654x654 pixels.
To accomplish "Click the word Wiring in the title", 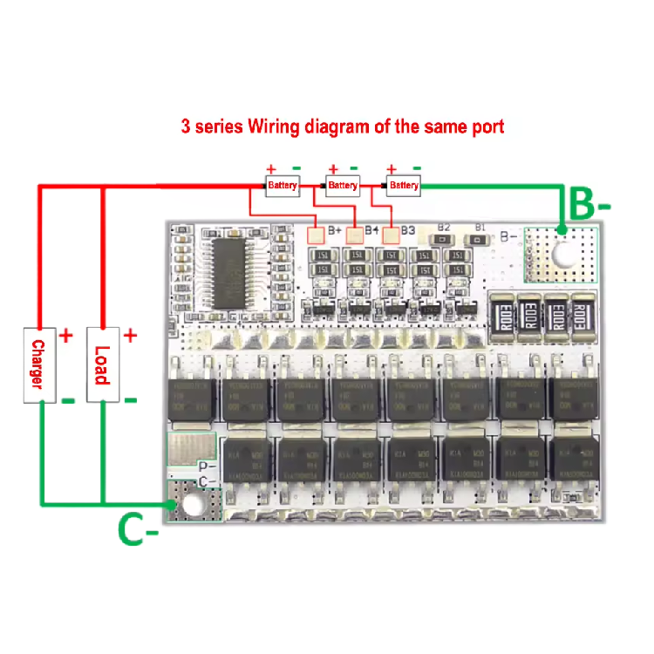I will [275, 126].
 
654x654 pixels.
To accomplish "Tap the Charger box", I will [37, 364].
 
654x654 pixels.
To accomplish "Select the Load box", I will [103, 364].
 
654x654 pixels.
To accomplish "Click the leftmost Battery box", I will [283, 185].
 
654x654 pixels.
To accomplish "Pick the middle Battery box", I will [343, 185].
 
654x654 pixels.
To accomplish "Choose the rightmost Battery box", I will [404, 185].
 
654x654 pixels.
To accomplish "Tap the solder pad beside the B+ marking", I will [317, 234].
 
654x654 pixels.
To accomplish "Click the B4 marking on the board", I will [371, 230].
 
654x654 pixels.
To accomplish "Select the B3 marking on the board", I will [408, 230].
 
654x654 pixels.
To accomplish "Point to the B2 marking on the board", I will [443, 228].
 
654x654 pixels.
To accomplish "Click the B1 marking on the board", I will [480, 228].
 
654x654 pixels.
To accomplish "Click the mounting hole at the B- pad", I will [562, 256].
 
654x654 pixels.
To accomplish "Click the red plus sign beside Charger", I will [67, 335].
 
